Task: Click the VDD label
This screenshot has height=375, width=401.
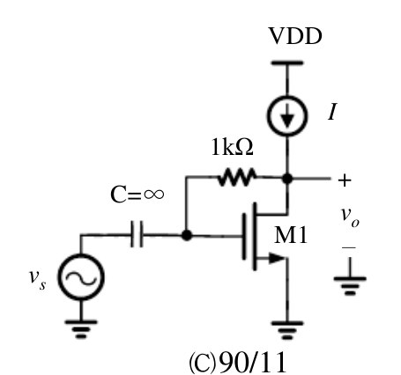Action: point(295,36)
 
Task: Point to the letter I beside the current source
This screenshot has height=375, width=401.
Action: point(332,112)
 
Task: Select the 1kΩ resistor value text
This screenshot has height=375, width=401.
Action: point(232,147)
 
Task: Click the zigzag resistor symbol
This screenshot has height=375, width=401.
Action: point(236,177)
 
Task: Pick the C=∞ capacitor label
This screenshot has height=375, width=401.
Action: point(137,195)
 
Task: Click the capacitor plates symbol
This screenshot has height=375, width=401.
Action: point(137,234)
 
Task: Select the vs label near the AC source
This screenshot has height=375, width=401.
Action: point(37,279)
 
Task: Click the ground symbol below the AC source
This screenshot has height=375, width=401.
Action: point(81,329)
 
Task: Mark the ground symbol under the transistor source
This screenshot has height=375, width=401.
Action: point(287,331)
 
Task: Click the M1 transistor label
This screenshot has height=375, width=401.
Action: point(291,236)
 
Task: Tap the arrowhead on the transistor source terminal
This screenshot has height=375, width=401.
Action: point(277,258)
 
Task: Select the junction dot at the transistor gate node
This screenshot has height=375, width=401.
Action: point(187,235)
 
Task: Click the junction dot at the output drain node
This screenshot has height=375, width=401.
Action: point(287,178)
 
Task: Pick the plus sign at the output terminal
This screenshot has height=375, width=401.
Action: point(345,180)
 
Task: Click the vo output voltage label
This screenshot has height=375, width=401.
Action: point(350,217)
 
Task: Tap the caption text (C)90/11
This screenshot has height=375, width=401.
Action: point(237,363)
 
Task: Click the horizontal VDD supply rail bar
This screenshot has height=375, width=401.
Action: point(287,62)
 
